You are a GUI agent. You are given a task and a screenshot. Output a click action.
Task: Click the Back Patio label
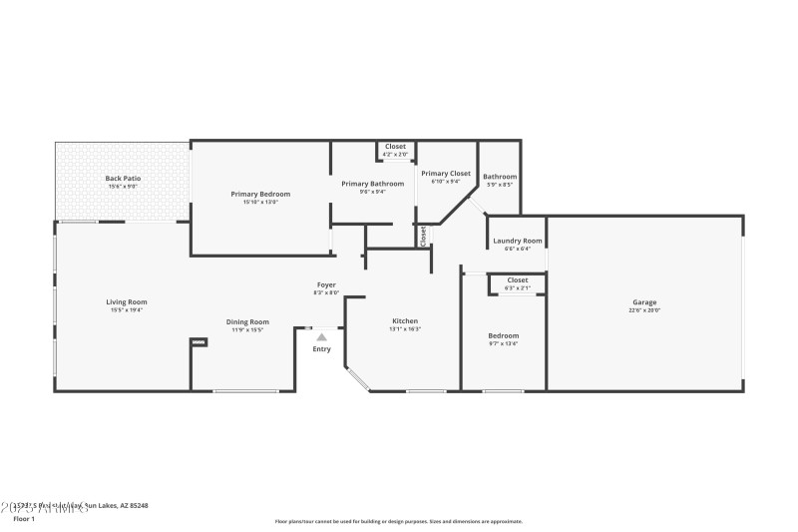[x=123, y=179]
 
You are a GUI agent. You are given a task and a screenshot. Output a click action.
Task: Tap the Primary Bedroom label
[x=260, y=194]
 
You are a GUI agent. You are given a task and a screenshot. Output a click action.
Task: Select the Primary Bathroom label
[x=372, y=184]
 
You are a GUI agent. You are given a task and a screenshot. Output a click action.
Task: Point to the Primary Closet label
[x=445, y=174]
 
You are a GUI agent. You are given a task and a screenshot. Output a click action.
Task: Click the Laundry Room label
[x=517, y=241]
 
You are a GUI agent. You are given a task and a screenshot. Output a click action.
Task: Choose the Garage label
[x=643, y=302]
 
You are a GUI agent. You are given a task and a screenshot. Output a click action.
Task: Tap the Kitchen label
[x=405, y=321]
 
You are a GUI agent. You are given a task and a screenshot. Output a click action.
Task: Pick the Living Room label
[x=127, y=301]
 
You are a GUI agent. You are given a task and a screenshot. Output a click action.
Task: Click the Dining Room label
[x=247, y=321]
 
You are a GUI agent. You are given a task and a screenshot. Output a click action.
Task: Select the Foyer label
[x=326, y=285]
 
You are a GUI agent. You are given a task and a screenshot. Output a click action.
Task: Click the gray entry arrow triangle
[x=321, y=337]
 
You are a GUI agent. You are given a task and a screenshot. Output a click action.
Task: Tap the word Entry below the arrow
[x=321, y=349]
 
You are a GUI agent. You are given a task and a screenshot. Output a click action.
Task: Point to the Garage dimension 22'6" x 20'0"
[x=643, y=310]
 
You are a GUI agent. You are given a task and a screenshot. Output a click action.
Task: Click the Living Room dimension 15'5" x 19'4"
[x=127, y=310]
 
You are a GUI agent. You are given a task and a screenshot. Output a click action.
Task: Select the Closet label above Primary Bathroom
[x=395, y=147]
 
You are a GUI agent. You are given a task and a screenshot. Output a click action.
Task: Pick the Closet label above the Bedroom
[x=517, y=280]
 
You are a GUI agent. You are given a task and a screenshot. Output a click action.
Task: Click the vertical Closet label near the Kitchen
[x=423, y=237]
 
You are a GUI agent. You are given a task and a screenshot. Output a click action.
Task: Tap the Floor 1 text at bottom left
[x=23, y=519]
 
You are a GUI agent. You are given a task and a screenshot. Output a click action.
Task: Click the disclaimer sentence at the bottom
[x=398, y=521]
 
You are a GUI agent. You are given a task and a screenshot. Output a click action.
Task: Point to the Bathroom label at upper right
[x=500, y=177]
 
